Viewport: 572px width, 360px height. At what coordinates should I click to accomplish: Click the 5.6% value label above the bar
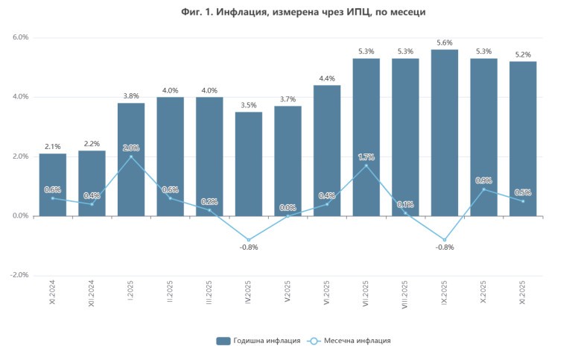click(445, 42)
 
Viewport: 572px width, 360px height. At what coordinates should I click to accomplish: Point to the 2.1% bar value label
click(53, 147)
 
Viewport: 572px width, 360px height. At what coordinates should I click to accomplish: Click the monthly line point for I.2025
click(131, 157)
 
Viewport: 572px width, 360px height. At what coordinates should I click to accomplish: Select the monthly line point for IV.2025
click(249, 240)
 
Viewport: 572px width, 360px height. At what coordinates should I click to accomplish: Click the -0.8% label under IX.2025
click(445, 247)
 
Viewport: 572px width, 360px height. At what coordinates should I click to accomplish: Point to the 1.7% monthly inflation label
click(366, 157)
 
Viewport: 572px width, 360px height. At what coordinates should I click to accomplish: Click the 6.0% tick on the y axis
click(19, 37)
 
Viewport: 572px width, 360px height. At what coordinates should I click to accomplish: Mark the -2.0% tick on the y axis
click(18, 275)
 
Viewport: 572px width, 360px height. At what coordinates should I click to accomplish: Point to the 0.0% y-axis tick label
click(19, 216)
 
